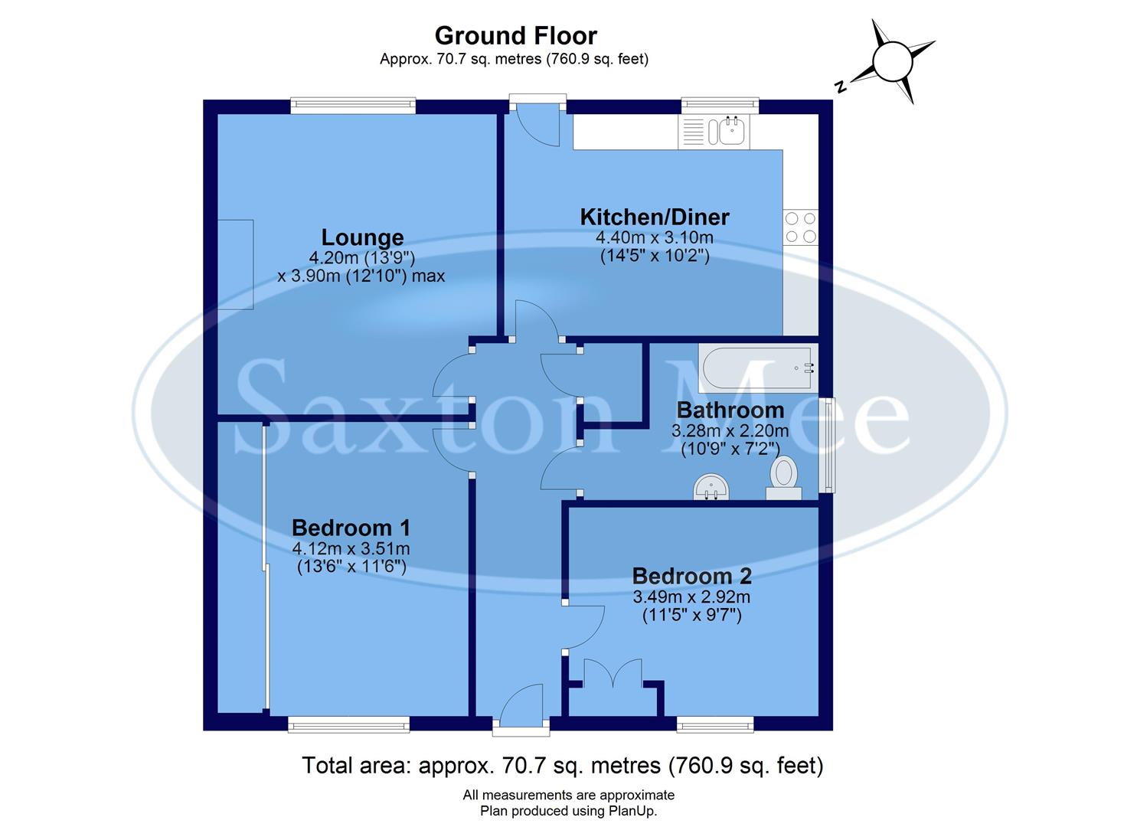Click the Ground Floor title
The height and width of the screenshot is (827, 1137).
coord(515,35)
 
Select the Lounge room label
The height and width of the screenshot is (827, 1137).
coord(362,237)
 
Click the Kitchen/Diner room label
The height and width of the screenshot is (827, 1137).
coord(654,217)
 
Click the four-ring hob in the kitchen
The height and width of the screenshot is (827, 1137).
coord(801,227)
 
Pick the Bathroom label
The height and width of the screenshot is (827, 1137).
coord(730,410)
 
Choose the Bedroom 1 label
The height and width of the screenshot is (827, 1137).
coord(351,528)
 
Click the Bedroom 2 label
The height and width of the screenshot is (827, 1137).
coord(691,576)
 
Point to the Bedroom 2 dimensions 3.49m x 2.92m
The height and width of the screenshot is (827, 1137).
coord(691,597)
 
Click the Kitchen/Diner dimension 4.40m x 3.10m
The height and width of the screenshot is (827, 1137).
coord(654,237)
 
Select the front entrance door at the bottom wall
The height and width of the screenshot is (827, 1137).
coord(521,712)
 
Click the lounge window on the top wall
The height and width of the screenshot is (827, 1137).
coord(353,106)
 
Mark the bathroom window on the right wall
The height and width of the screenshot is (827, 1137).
coord(826,445)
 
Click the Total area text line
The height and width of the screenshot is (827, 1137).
coord(563,765)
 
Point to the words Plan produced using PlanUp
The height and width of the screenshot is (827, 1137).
coord(568,811)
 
